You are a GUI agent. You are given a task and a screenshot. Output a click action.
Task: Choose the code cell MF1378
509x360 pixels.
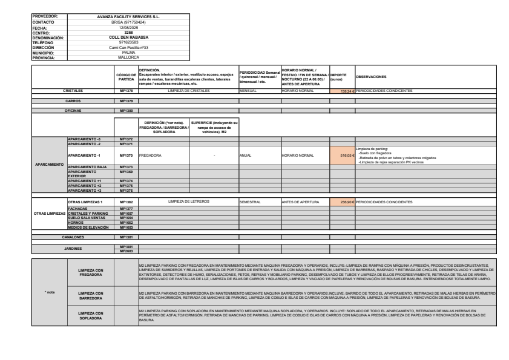click(x=126, y=91)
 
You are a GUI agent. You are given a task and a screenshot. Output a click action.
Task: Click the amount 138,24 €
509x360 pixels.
click(x=342, y=91)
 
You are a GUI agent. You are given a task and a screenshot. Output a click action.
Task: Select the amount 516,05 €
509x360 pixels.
click(x=342, y=155)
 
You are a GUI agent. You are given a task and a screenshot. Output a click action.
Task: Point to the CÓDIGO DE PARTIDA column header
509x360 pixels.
click(x=126, y=76)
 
